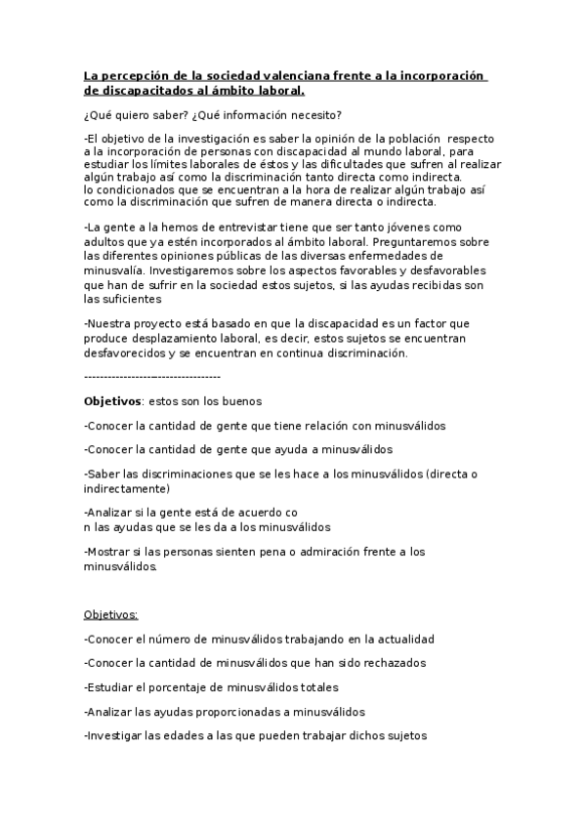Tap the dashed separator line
(152, 376)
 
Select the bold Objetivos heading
(113, 401)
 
